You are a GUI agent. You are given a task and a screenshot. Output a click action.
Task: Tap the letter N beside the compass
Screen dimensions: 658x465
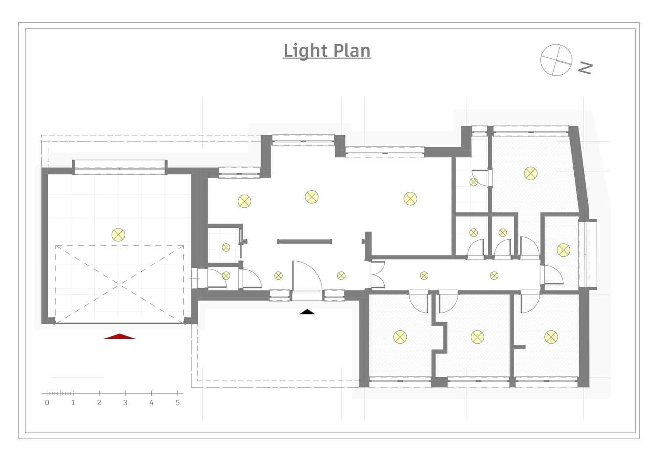tap(585, 68)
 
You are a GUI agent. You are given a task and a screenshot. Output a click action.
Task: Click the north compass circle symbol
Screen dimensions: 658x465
tap(556, 60)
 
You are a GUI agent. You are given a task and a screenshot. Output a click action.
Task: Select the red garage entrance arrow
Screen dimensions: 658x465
tap(120, 337)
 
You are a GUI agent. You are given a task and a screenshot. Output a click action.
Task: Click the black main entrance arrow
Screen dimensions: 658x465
tap(307, 312)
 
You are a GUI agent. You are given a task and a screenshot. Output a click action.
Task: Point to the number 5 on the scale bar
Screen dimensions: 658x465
tap(177, 403)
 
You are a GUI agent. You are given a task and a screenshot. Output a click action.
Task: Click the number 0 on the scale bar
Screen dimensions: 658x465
tap(47, 403)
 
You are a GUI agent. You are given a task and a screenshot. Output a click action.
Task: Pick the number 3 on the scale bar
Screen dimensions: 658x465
tap(125, 403)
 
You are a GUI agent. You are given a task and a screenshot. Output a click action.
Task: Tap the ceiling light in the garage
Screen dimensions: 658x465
tap(118, 235)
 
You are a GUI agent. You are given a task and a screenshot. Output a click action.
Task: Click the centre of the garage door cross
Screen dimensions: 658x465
tap(119, 284)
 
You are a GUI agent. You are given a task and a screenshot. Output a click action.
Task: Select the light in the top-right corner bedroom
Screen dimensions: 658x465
tap(530, 174)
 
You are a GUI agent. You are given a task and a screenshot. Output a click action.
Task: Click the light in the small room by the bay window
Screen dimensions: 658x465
tap(563, 250)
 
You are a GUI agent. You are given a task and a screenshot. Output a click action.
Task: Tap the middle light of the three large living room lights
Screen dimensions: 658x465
tap(311, 197)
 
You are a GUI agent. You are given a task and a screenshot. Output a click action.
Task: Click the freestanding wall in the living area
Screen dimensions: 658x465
tap(304, 241)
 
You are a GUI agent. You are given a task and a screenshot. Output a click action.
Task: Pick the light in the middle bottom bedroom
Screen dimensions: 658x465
tap(477, 337)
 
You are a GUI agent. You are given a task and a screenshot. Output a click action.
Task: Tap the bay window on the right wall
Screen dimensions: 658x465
tap(588, 254)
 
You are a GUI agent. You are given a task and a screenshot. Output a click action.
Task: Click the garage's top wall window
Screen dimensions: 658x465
tap(120, 167)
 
